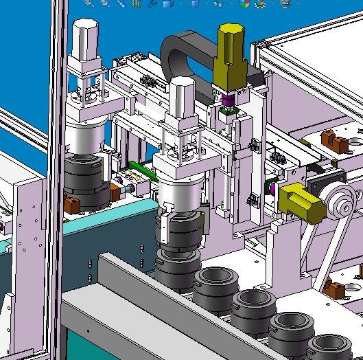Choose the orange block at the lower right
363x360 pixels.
[338, 286]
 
